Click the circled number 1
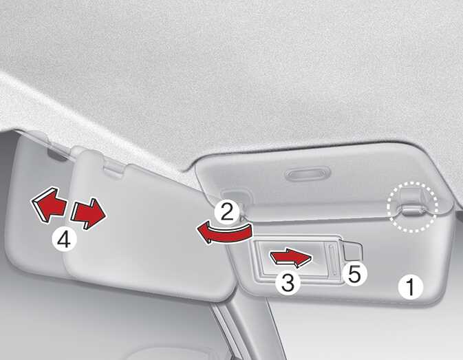pyautogui.click(x=411, y=287)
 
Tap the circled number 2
pyautogui.click(x=227, y=212)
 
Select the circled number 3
pyautogui.click(x=288, y=282)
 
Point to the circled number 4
pyautogui.click(x=65, y=240)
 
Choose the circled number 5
pyautogui.click(x=354, y=275)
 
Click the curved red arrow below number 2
pyautogui.click(x=225, y=234)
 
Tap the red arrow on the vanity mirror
pyautogui.click(x=291, y=258)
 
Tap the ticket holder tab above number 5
pyautogui.click(x=352, y=252)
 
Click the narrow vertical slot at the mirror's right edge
pyautogui.click(x=333, y=260)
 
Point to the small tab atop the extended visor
pyautogui.click(x=113, y=169)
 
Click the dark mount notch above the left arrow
pyautogui.click(x=57, y=154)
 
